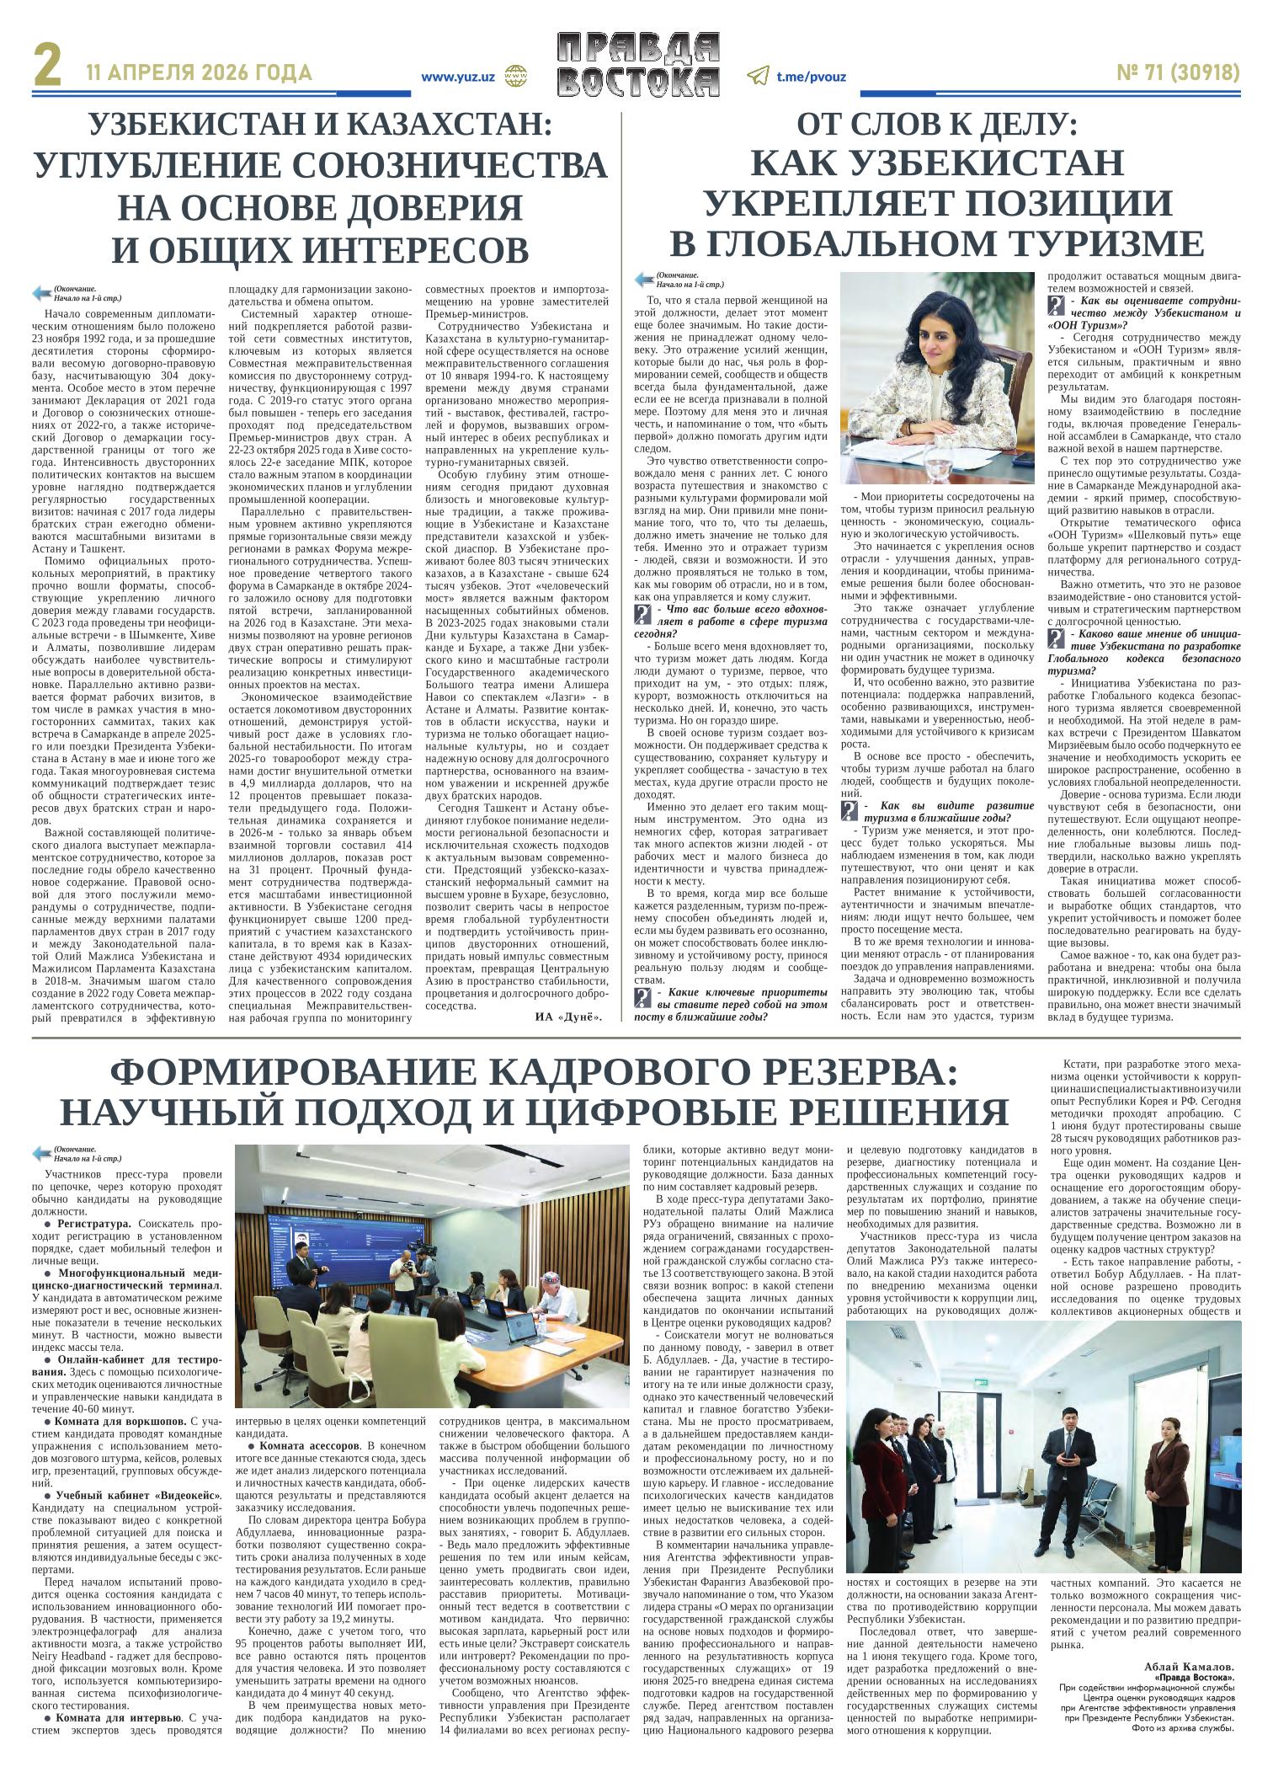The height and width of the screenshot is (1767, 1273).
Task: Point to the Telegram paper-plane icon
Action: pyautogui.click(x=757, y=76)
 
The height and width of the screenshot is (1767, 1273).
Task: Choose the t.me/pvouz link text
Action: pyautogui.click(x=811, y=76)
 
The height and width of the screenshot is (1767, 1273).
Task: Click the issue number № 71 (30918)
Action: pyautogui.click(x=1178, y=74)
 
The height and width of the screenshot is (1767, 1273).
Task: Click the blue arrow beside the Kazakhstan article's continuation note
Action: pyautogui.click(x=40, y=293)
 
